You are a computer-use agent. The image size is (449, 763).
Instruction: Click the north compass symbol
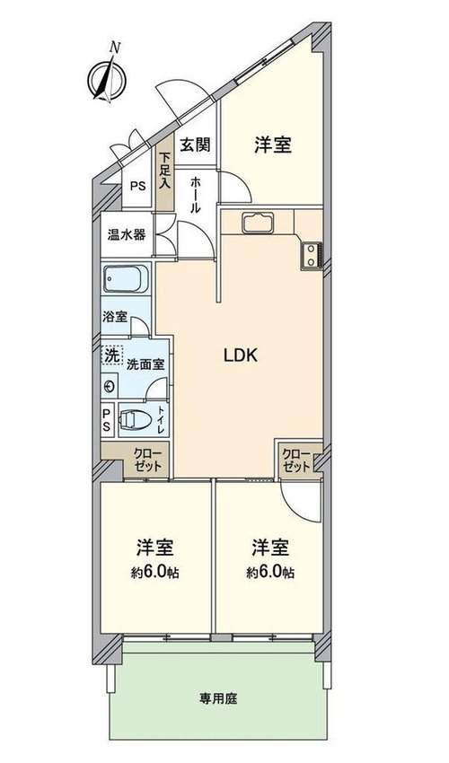pyautogui.click(x=107, y=77)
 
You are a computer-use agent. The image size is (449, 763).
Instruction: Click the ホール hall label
pyautogui.click(x=195, y=195)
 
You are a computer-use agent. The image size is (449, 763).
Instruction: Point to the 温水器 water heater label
pyautogui.click(x=126, y=234)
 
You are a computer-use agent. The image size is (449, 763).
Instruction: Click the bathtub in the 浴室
pyautogui.click(x=125, y=279)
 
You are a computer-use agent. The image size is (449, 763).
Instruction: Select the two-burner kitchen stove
pyautogui.click(x=312, y=255)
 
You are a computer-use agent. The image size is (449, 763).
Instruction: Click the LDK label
pyautogui.click(x=240, y=355)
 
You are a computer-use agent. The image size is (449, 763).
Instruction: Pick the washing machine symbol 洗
pyautogui.click(x=112, y=355)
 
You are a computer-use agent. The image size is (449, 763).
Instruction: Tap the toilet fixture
pyautogui.click(x=135, y=419)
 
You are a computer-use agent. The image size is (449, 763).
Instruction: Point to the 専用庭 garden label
pyautogui.click(x=217, y=699)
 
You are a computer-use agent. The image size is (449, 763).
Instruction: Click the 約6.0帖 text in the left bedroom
pyautogui.click(x=154, y=573)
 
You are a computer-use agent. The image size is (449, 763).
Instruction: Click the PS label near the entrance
pyautogui.click(x=137, y=186)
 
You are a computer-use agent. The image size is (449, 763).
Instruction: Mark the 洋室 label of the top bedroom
pyautogui.click(x=273, y=145)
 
